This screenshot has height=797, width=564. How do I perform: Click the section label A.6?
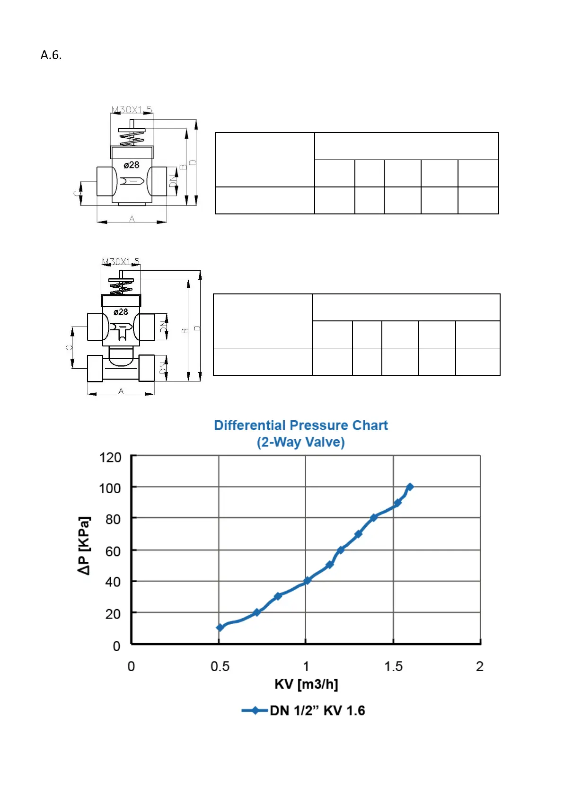pos(51,55)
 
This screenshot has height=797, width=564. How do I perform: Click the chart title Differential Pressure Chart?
pos(300,425)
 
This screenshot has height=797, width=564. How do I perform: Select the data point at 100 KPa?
pos(410,487)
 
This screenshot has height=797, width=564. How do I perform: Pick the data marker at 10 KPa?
pos(220,628)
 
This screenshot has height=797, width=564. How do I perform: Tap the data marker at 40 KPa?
pos(307,580)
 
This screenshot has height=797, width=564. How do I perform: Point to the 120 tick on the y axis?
pos(110,458)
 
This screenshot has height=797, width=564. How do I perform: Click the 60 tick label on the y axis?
pos(113,551)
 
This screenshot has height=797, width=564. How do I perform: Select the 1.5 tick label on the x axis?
pos(393,666)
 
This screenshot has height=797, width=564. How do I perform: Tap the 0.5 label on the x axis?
pos(220,666)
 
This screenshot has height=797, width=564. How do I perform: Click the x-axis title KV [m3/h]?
pos(306,684)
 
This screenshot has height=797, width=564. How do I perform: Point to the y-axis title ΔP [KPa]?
pos(84,545)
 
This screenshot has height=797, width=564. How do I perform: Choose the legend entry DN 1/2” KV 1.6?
pos(317,710)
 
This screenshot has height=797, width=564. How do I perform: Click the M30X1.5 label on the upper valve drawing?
pos(132,110)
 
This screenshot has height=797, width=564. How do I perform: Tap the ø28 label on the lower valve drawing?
pos(121,312)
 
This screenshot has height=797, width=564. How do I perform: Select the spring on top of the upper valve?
pos(132,137)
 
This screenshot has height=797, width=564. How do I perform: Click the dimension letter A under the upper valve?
pos(132,219)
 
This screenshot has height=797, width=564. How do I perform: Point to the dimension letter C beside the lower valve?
pos(69,347)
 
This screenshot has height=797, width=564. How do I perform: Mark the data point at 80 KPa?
pos(373,518)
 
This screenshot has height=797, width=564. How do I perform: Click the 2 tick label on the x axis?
pos(479,666)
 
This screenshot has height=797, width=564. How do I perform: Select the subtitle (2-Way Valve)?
pos(300,442)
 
